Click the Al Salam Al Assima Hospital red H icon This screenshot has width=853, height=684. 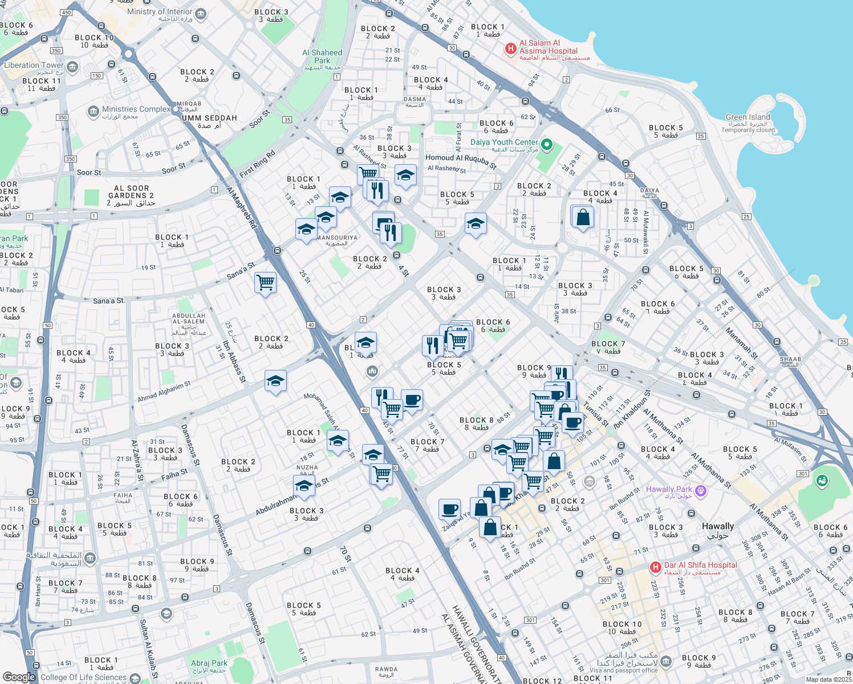point(511,49)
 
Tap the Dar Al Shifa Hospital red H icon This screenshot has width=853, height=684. point(656,567)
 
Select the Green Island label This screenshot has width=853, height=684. point(748,117)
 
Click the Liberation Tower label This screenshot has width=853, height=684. point(34,66)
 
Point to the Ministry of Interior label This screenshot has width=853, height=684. point(160,12)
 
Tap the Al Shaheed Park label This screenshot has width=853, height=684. point(322,56)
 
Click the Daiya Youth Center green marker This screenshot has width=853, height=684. point(546,145)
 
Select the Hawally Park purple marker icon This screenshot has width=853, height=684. point(701,490)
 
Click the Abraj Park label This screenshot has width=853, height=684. point(209,663)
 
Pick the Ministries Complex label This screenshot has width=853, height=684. point(136,109)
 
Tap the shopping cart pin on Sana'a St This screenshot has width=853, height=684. point(265,282)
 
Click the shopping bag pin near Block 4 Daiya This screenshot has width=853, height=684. point(582,217)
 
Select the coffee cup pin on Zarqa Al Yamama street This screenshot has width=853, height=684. point(449,508)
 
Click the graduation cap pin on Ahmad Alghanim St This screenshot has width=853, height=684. point(275,381)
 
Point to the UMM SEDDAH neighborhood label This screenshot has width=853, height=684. point(209,118)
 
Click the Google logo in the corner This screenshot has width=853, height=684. point(19,677)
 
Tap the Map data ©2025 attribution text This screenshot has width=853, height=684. point(828,679)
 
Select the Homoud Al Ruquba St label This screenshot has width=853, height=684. point(461,161)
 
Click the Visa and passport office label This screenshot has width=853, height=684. point(624,670)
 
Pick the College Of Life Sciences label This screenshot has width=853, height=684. point(84,677)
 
